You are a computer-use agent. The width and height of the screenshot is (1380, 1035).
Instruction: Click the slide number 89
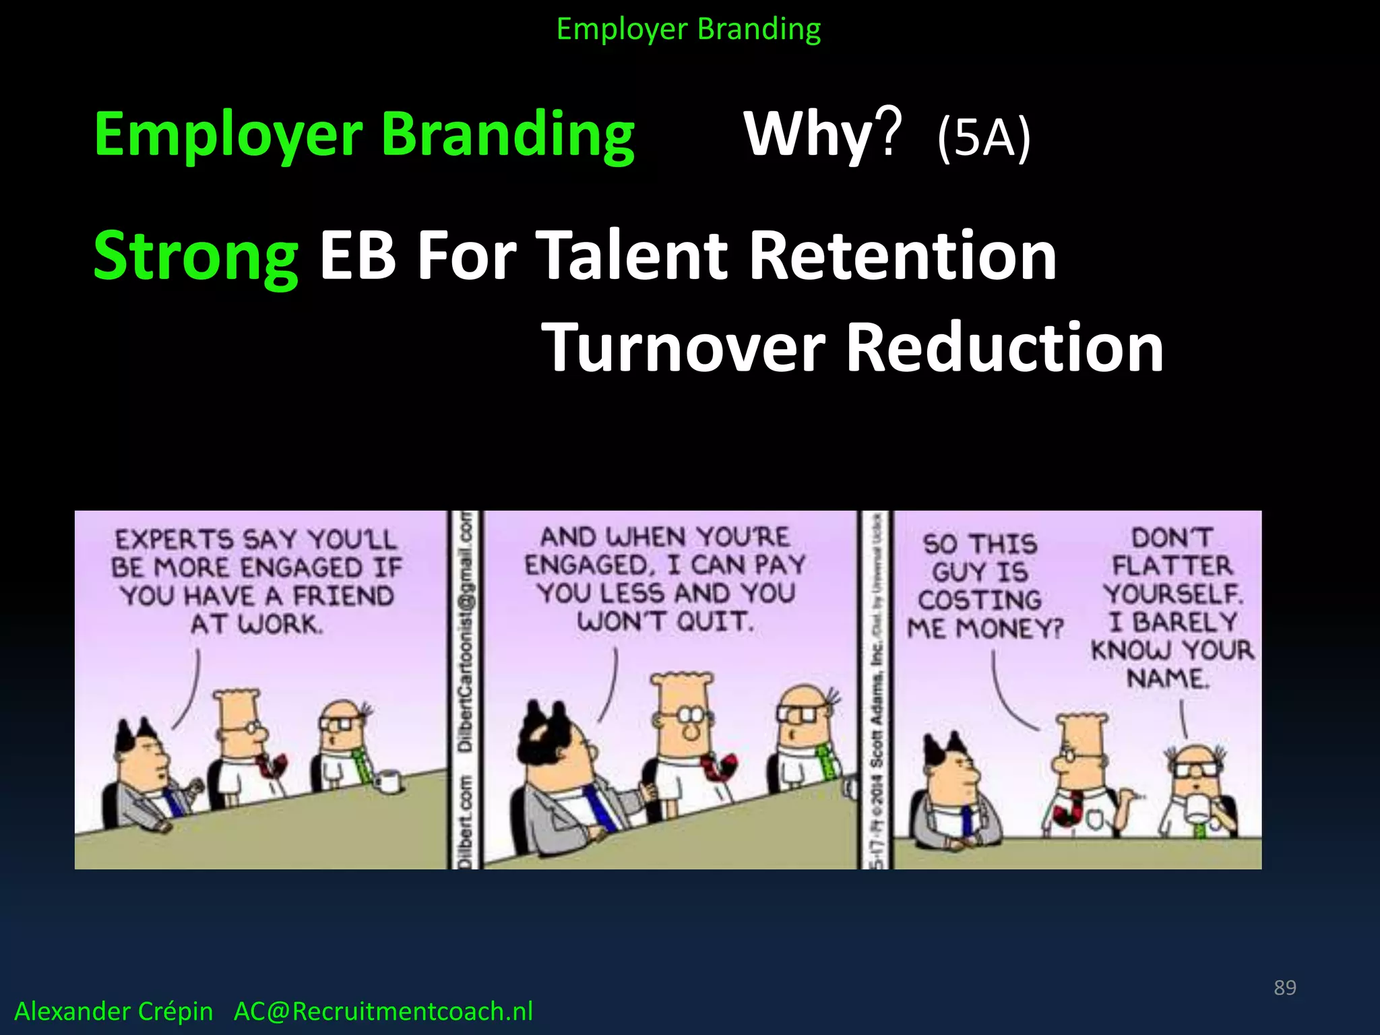point(1284,987)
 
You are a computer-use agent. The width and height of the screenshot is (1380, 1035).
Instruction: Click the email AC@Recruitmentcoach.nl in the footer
point(383,1011)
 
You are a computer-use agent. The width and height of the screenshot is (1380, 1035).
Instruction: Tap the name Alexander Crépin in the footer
point(113,1011)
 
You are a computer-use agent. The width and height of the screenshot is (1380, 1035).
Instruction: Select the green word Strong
point(195,256)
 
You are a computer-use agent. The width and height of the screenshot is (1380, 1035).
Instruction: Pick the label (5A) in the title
point(983,137)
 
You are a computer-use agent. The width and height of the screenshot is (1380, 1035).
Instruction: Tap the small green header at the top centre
point(689,29)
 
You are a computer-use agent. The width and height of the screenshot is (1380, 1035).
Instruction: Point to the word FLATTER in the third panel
point(1172,565)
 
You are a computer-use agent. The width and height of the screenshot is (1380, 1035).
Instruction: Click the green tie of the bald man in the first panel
point(361,765)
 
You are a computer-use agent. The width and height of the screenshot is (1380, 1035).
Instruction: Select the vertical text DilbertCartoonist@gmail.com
point(466,630)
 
